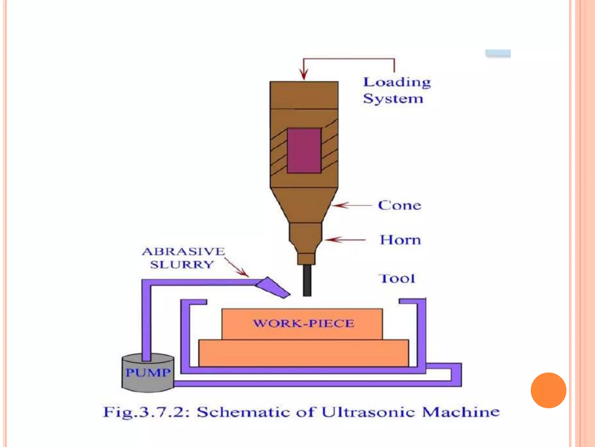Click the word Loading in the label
397,83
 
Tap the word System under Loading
393,99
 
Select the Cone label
399,205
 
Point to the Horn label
400,240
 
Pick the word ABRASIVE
183,251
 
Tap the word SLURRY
182,265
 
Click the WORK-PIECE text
304,323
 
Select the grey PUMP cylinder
148,373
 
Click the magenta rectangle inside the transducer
304,151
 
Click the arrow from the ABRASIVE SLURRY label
237,268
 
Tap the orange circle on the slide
548,390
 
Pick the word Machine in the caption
461,412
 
